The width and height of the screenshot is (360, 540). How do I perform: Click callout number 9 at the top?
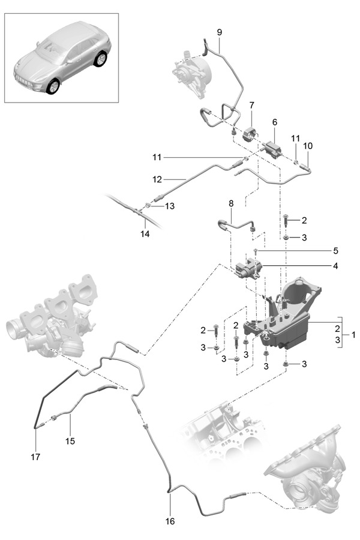point(218,31)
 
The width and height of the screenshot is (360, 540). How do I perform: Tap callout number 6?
point(275,122)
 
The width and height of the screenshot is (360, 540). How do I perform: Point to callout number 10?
point(308,146)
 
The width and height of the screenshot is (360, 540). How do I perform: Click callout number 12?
point(157,178)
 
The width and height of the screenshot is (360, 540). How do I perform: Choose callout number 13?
point(170,206)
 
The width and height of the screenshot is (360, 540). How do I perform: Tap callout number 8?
point(231,203)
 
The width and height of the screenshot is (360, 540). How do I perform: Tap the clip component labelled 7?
point(249,133)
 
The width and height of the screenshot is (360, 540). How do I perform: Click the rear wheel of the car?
point(100,59)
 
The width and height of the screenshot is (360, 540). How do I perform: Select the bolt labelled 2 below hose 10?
point(287,223)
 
